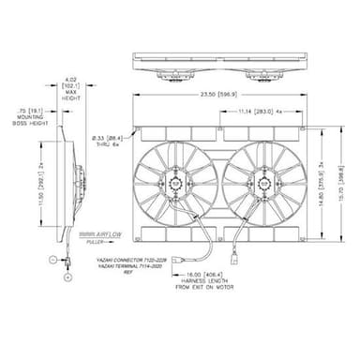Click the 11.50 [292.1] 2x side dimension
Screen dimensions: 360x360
pos(37,185)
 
